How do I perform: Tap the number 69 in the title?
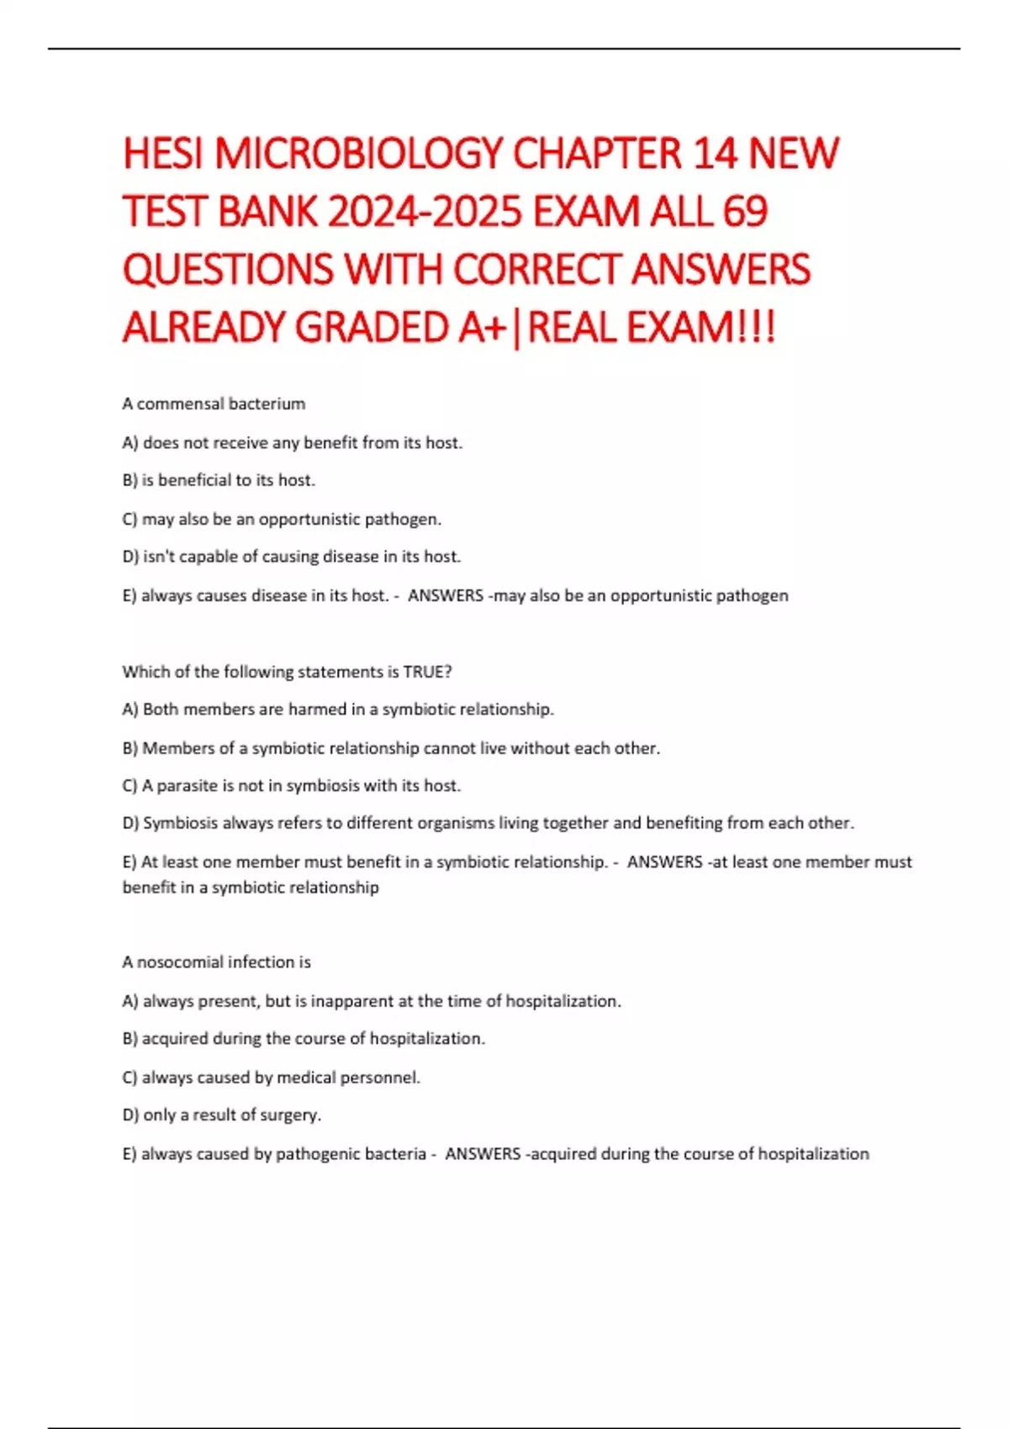click(x=744, y=212)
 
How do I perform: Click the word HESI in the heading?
click(x=163, y=154)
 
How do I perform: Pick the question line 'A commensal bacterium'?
click(x=214, y=403)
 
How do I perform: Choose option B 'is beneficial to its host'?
click(x=219, y=480)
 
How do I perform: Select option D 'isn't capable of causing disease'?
click(x=292, y=556)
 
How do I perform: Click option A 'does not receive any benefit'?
click(x=293, y=442)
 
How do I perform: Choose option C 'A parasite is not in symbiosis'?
click(x=292, y=785)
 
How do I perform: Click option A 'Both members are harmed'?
click(x=338, y=709)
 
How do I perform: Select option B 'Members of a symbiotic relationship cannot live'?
click(x=391, y=747)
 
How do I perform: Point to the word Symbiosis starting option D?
click(x=180, y=823)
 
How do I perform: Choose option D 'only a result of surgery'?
click(x=222, y=1115)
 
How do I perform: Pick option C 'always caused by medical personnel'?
click(x=271, y=1077)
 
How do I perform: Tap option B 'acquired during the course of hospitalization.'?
click(x=304, y=1038)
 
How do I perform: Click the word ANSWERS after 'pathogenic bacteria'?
click(x=483, y=1153)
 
